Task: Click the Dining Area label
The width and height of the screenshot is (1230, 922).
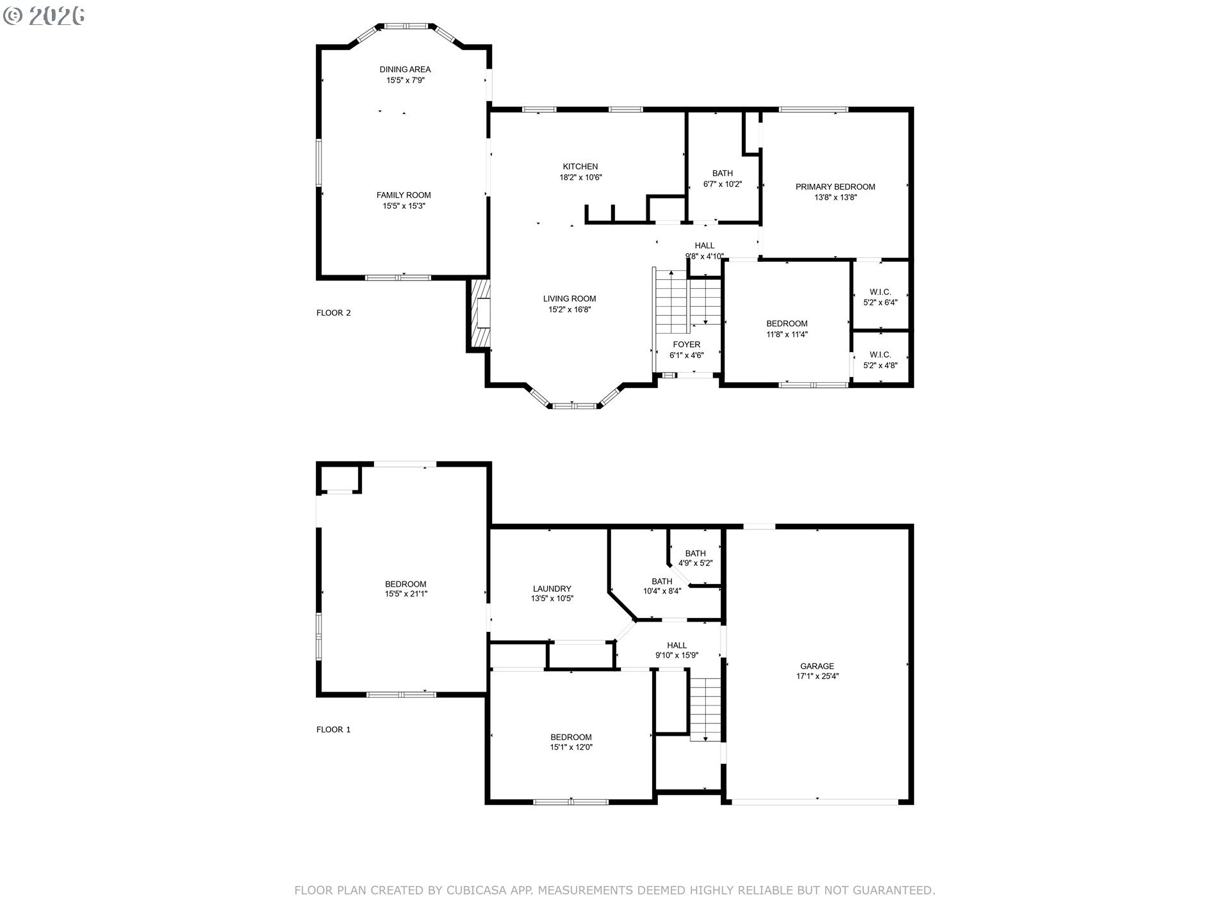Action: pyautogui.click(x=405, y=69)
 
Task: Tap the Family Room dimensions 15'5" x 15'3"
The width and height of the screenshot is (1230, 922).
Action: pyautogui.click(x=404, y=206)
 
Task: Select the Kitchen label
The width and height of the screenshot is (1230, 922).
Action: pyautogui.click(x=580, y=166)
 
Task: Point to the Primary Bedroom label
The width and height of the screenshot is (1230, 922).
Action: pyautogui.click(x=835, y=187)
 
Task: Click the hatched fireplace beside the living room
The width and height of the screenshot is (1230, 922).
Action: pyautogui.click(x=481, y=314)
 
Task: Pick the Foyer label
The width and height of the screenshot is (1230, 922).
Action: pyautogui.click(x=686, y=344)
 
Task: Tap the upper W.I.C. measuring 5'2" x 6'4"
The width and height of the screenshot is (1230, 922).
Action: pyautogui.click(x=880, y=297)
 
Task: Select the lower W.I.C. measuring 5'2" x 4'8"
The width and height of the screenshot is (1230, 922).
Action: pyautogui.click(x=880, y=360)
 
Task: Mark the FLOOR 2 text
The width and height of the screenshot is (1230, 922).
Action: pyautogui.click(x=333, y=313)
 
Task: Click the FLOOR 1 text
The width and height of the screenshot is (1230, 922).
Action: pyautogui.click(x=333, y=729)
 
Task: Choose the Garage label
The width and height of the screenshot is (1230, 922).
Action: pyautogui.click(x=817, y=666)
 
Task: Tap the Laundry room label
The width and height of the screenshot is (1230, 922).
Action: pyautogui.click(x=552, y=588)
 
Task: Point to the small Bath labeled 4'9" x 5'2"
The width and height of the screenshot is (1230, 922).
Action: pyautogui.click(x=695, y=558)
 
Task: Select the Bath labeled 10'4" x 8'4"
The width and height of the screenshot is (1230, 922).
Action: pyautogui.click(x=662, y=586)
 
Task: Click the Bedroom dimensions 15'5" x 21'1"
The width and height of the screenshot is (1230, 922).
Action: pyautogui.click(x=406, y=594)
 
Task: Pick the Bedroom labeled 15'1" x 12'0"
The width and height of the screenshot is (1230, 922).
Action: pyautogui.click(x=571, y=742)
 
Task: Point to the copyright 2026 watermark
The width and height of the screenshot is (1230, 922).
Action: pyautogui.click(x=44, y=15)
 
